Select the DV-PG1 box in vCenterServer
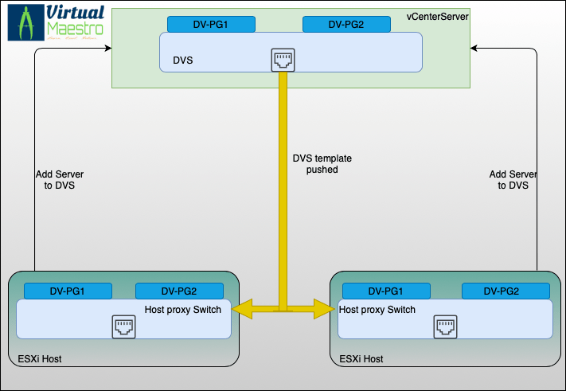(211, 24)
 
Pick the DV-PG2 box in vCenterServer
(346, 24)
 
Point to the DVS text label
(183, 61)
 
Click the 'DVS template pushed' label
(322, 164)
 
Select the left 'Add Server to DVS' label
(60, 179)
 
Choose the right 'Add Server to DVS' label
(513, 179)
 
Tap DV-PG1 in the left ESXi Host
(68, 291)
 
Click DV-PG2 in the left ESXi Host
(179, 291)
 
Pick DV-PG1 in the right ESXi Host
(386, 291)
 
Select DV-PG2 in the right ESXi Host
(505, 291)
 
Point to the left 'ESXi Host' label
(40, 360)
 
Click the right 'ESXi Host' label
(361, 359)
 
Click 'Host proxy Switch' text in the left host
(187, 309)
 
